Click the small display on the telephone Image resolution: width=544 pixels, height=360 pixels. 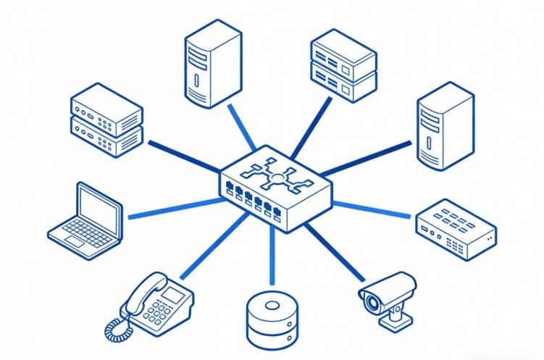pos(172,293)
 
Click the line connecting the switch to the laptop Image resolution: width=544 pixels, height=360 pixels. pos(174,209)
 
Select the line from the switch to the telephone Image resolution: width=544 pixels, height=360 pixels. pos(210,249)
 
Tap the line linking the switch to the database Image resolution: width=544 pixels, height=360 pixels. pos(272,257)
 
